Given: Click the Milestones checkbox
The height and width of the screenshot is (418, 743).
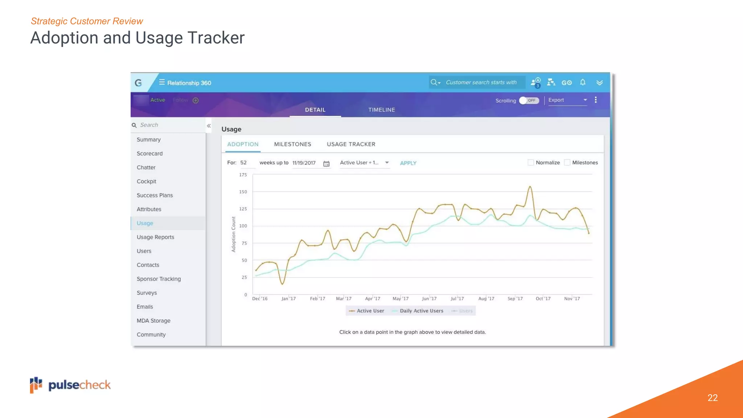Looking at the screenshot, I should (567, 163).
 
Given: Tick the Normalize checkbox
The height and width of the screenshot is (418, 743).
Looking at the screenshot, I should (531, 163).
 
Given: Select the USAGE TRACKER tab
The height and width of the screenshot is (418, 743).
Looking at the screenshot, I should (351, 144).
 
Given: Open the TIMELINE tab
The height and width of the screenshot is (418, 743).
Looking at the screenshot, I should (382, 110).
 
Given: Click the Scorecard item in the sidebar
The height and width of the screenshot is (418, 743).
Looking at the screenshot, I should (149, 153).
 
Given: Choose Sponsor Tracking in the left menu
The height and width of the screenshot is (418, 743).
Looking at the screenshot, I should (159, 279).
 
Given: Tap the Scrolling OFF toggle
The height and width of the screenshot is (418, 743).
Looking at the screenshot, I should (529, 101).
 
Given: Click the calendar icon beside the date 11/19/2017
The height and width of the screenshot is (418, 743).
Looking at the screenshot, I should (327, 164).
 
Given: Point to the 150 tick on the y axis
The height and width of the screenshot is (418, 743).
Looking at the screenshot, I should (243, 192).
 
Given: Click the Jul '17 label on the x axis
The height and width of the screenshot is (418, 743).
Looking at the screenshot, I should (457, 299).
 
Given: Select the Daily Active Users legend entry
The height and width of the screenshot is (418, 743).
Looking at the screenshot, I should (421, 311).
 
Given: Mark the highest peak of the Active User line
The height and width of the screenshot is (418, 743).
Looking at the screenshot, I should (530, 187).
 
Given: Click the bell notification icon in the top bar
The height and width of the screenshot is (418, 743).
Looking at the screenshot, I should (583, 82).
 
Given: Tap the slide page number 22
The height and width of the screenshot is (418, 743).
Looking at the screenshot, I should (713, 398).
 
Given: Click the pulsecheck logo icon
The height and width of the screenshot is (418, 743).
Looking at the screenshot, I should (36, 385).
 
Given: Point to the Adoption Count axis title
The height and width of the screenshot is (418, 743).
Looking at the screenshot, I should (233, 234).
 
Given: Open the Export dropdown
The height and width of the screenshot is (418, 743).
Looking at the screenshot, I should (567, 100).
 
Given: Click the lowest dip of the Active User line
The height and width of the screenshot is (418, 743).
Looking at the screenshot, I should (282, 284).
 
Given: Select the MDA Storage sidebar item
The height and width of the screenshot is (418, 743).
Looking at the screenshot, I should (153, 320).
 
